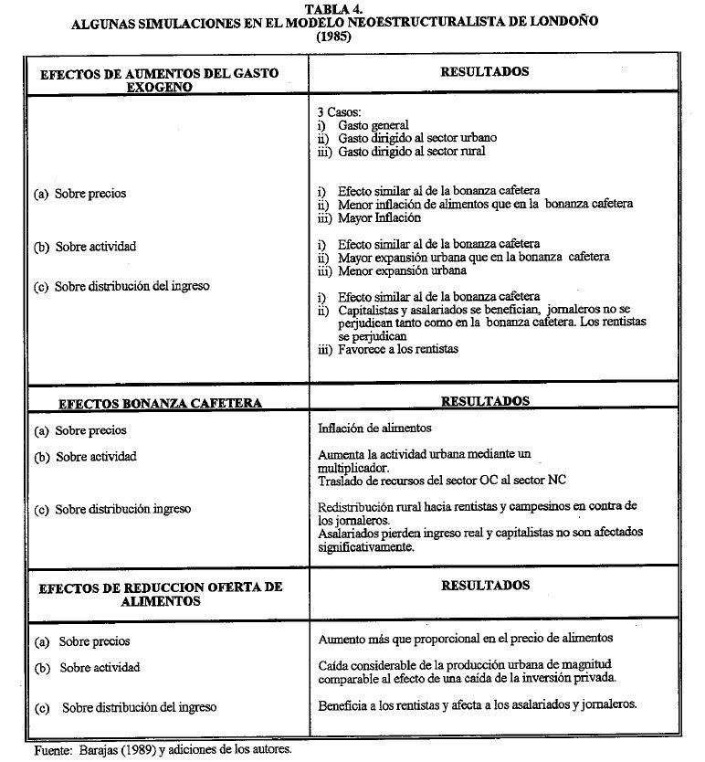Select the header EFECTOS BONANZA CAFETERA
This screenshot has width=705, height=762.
(x=160, y=403)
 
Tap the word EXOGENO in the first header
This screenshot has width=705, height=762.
(x=160, y=88)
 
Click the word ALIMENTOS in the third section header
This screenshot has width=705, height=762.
(x=160, y=602)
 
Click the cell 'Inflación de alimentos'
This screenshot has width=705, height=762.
(x=375, y=428)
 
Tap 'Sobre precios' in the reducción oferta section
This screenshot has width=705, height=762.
(x=94, y=641)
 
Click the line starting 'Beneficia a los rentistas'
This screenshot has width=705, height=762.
(x=477, y=704)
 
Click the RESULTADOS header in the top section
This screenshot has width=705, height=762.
(x=485, y=70)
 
